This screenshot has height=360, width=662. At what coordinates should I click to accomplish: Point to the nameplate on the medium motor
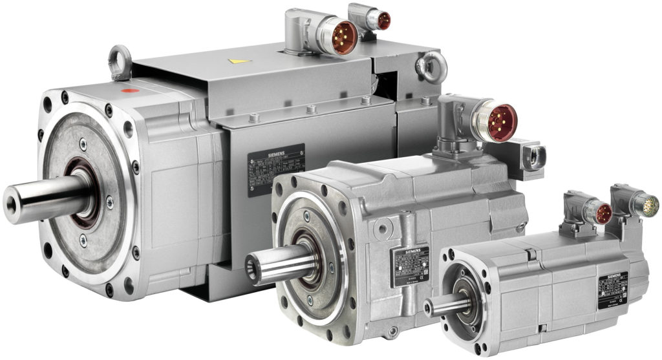409,266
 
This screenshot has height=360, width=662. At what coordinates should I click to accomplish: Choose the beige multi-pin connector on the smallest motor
648,206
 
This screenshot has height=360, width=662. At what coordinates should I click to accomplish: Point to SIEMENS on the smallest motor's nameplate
612,277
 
